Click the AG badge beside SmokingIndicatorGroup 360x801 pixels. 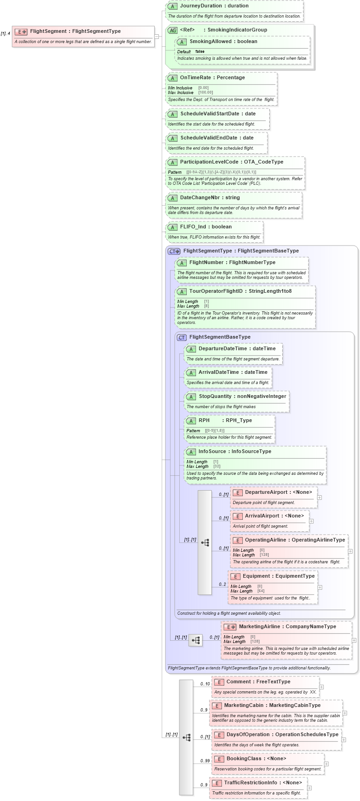coord(172,30)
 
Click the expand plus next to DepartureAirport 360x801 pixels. coord(319,498)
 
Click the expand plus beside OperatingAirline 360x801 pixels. coord(350,551)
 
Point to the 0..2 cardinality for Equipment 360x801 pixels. coord(222,584)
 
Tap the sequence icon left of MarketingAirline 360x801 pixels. coord(196,640)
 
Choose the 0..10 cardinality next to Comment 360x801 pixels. coord(205,684)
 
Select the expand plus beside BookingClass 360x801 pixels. coord(326,764)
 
